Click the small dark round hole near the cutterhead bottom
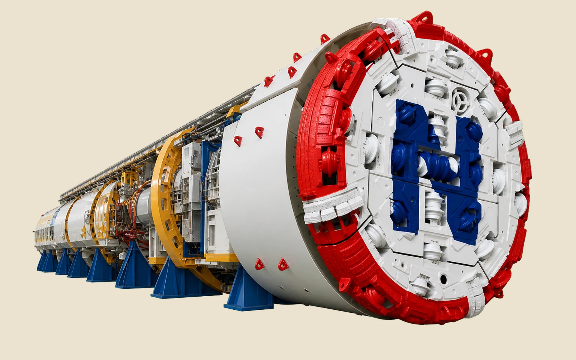pos(443,279)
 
